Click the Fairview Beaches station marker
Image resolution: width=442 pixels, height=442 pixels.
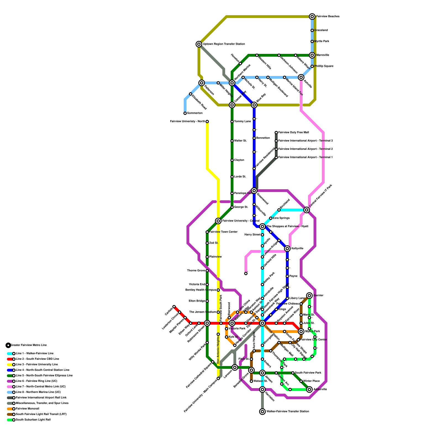coord(312,17)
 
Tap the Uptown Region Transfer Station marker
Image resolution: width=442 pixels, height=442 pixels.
coord(199,44)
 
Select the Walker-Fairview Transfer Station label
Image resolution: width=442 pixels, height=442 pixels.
coord(288,412)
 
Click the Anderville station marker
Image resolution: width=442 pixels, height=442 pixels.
coord(309,390)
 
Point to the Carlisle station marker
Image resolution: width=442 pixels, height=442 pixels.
coord(174,307)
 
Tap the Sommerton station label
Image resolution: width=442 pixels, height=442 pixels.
coord(195,113)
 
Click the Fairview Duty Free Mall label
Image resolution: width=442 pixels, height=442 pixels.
coord(293,133)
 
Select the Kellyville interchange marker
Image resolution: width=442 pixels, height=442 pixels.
coord(287,249)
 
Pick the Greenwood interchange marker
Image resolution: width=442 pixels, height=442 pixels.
coord(254,191)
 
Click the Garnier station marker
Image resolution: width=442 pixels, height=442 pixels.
coord(309,296)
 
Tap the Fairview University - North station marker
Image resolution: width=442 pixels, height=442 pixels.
coord(207,122)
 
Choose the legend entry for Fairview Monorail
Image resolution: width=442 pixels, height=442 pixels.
coord(27,409)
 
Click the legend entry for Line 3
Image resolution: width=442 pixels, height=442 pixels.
coord(37,365)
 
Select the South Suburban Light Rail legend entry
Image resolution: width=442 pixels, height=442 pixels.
coord(33,420)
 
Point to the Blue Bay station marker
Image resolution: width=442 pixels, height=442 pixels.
coord(254,105)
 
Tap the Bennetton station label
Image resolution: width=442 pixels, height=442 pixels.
coord(263,138)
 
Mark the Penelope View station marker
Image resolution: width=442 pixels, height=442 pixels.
coord(232,193)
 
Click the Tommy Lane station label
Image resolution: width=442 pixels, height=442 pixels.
coord(242,122)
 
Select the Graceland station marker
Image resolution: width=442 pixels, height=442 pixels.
coord(312,30)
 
